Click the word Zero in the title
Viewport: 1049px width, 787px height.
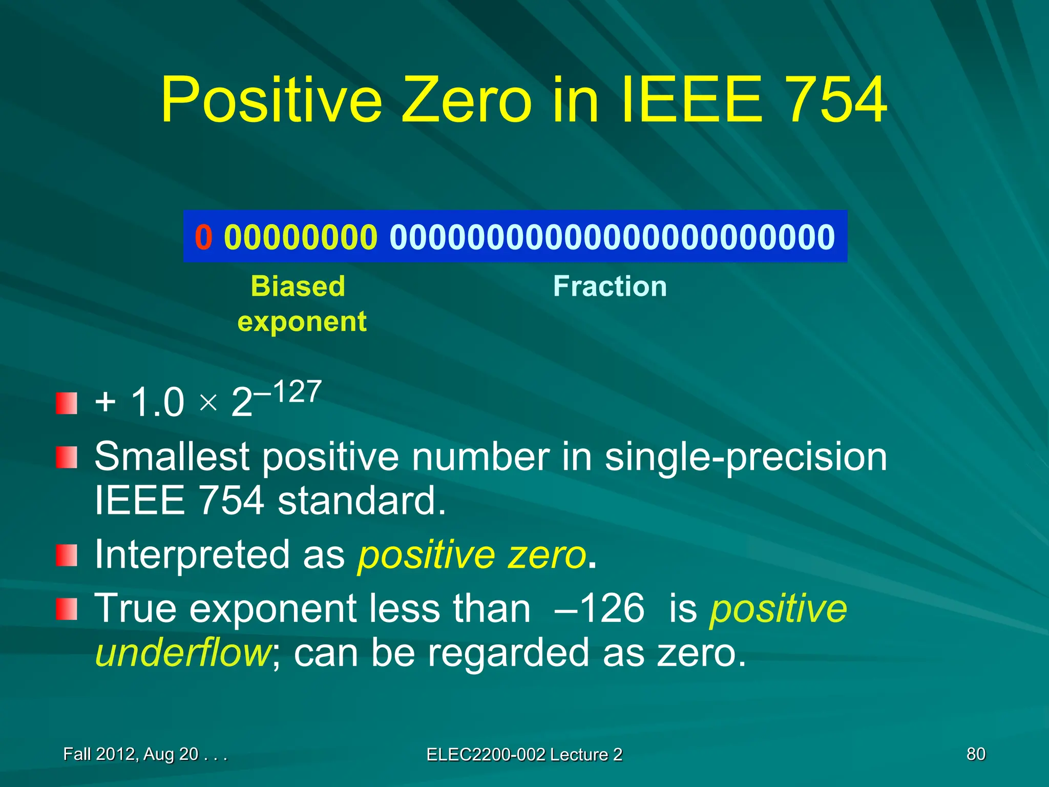pos(467,100)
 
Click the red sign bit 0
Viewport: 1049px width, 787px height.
pos(203,237)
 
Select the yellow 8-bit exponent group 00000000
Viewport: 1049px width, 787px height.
pos(301,237)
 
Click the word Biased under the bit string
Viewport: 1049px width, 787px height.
pos(298,286)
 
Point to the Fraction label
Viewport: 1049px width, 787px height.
pos(610,286)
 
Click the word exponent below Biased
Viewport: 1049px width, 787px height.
pos(302,322)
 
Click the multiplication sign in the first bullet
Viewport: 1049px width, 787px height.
pos(208,403)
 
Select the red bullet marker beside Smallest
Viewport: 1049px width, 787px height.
pos(67,457)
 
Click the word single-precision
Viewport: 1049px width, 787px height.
pos(746,457)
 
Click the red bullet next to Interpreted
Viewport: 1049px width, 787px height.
pos(67,555)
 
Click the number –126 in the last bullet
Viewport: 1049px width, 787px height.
pos(599,609)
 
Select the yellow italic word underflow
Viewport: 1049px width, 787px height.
pos(183,653)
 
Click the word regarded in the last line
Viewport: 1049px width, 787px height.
pos(508,653)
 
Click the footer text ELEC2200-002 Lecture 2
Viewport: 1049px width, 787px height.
pos(524,755)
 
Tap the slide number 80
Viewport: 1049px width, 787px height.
pos(975,754)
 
